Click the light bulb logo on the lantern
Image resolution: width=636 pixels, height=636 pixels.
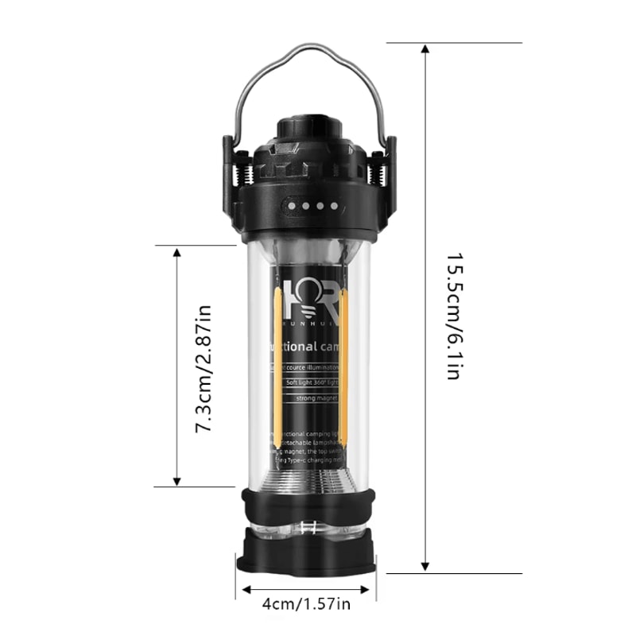(x=306, y=297)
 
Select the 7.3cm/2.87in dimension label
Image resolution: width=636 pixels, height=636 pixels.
(x=204, y=367)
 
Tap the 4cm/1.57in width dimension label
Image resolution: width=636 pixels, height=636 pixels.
(x=306, y=604)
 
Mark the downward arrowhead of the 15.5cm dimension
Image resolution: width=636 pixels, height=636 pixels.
(x=426, y=566)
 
